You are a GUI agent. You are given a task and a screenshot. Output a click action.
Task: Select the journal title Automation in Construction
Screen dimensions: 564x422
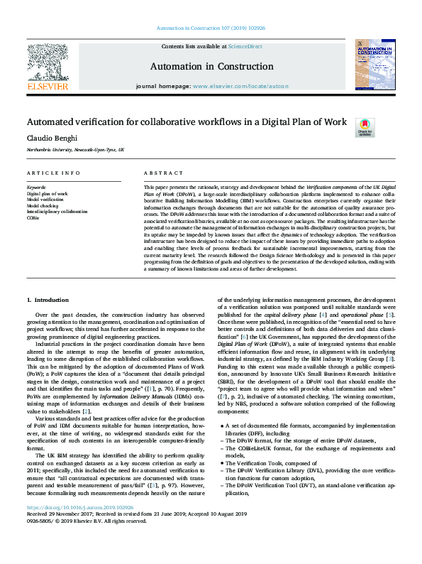click(211, 66)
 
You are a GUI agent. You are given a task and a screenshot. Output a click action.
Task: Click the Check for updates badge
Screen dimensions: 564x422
click(365, 127)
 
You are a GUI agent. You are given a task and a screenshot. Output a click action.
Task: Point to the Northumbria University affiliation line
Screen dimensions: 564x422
click(76, 151)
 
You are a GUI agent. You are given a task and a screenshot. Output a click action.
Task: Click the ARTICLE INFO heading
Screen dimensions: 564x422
click(54, 173)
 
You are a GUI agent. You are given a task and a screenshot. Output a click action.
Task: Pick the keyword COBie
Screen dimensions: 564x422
click(33, 218)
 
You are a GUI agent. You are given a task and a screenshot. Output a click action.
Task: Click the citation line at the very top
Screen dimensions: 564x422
click(211, 29)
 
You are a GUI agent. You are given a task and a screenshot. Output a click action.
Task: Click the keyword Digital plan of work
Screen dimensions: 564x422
click(48, 193)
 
